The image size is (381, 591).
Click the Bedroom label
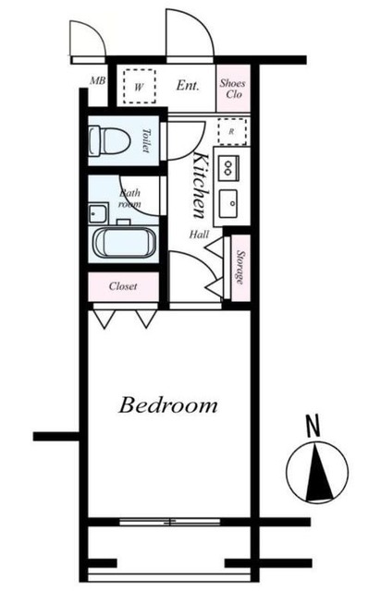(168, 404)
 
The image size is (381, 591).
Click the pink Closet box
(123, 286)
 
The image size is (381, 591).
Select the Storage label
(239, 267)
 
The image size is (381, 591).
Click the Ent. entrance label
(188, 87)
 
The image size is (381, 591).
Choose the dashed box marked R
(230, 131)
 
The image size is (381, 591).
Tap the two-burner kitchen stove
(228, 167)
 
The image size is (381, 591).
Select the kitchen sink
(229, 200)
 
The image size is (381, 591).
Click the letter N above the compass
(312, 427)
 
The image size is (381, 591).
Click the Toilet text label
(147, 141)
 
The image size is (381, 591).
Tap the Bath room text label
(130, 198)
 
